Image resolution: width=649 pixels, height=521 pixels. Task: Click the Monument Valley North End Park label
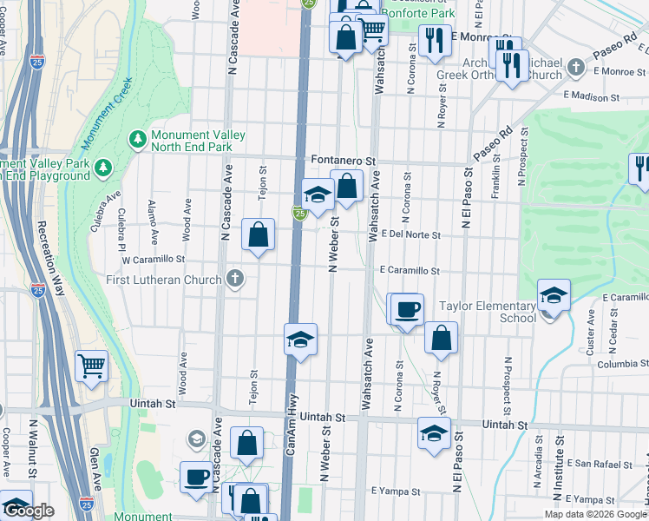[x=198, y=141]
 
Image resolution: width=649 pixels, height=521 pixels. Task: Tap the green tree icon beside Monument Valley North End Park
[x=137, y=139]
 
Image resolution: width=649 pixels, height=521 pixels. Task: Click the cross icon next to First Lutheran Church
[x=233, y=279]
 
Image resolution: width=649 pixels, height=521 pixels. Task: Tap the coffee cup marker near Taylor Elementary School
[x=407, y=310]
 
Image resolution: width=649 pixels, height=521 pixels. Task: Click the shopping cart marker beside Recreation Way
[x=91, y=365]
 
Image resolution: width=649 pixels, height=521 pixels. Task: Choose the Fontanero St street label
[x=344, y=162]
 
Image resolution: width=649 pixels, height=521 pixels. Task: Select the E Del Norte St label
[x=410, y=235]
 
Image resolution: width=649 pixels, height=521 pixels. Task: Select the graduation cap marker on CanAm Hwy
[x=300, y=340]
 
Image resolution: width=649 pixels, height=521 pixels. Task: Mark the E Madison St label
[x=592, y=97]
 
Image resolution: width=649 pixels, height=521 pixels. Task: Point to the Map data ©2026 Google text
[x=594, y=514]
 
